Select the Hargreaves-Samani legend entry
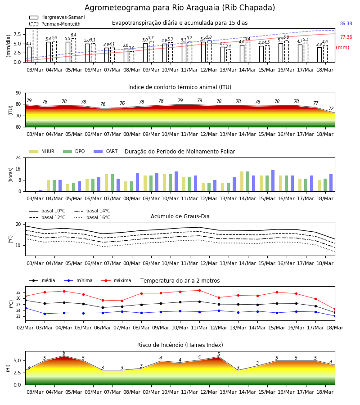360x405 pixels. (x=57, y=17)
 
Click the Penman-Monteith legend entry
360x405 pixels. (x=55, y=24)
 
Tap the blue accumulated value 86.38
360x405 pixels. (x=346, y=23)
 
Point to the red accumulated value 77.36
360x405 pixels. (x=346, y=37)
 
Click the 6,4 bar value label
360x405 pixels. (x=73, y=35)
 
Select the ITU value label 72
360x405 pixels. (x=331, y=108)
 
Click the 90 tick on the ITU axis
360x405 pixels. (x=18, y=93)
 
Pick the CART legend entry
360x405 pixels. (x=106, y=151)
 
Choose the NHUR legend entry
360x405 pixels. (x=42, y=151)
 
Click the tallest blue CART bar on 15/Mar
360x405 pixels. (x=273, y=181)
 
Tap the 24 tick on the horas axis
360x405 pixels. (x=18, y=157)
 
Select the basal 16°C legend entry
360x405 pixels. (x=92, y=217)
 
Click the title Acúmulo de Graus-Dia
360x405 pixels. (x=180, y=216)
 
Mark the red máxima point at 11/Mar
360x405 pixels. (x=200, y=290)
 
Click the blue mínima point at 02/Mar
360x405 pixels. (x=25, y=308)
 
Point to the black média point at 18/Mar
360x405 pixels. (x=335, y=313)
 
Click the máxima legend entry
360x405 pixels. (x=116, y=280)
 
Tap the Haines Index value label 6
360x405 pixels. (x=64, y=353)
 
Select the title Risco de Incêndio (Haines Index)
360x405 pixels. (x=180, y=345)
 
